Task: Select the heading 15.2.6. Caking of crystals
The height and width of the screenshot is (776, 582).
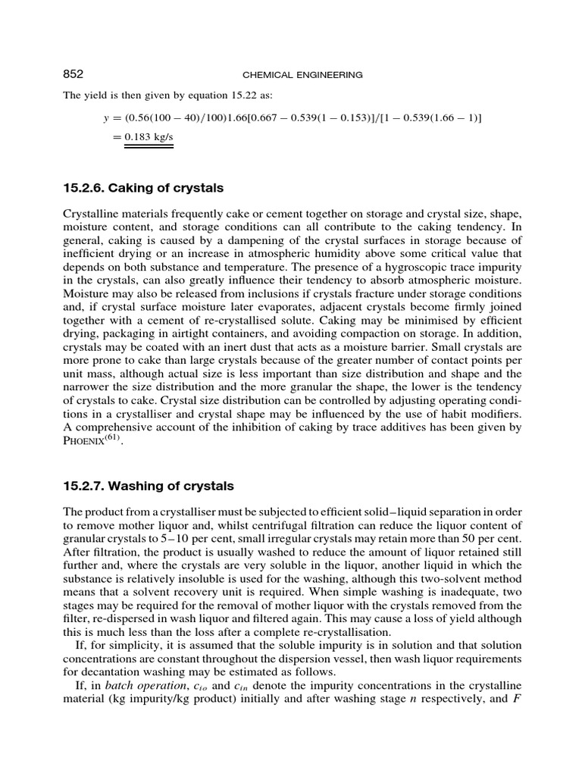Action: click(x=142, y=187)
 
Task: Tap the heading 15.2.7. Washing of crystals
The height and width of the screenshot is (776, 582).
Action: click(x=148, y=485)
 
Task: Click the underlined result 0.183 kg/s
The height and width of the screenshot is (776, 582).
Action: click(x=149, y=136)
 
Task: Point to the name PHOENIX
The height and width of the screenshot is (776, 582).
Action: click(x=85, y=443)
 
